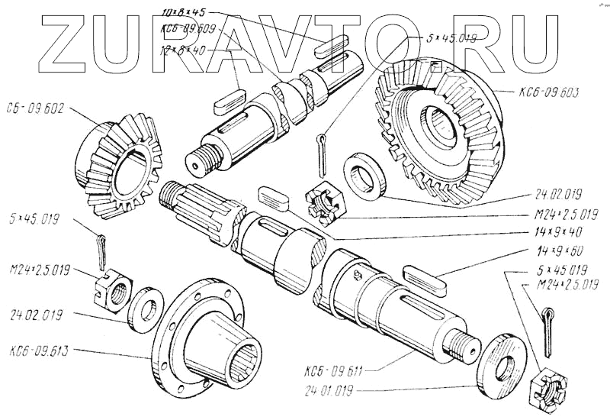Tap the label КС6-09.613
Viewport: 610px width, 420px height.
click(40, 352)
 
